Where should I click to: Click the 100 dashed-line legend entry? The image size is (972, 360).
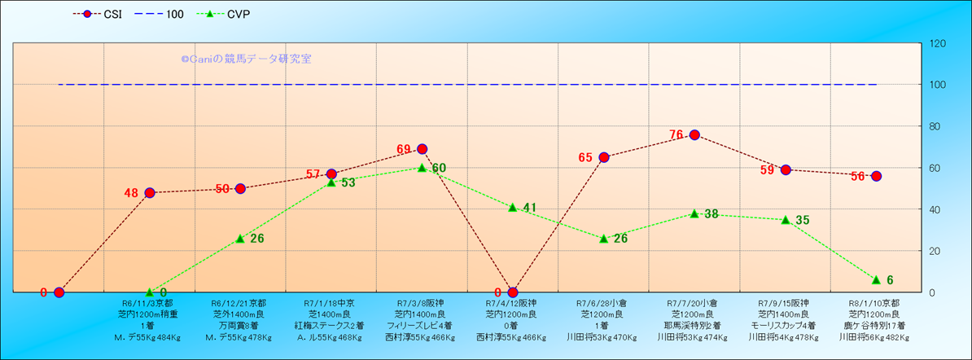point(163,15)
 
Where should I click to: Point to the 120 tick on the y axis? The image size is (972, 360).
point(939,43)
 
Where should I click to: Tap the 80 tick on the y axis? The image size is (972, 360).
point(936,126)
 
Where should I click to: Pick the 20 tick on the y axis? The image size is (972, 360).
point(936,251)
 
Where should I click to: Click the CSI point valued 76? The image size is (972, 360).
point(694,134)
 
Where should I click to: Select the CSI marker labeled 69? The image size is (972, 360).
point(422,149)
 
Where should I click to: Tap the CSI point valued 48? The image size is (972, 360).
point(150,193)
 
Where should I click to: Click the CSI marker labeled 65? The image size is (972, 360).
point(604,157)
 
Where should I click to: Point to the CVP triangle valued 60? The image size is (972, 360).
point(422,168)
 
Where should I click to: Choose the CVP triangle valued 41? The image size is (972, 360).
point(513,207)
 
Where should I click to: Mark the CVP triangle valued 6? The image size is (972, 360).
point(876,279)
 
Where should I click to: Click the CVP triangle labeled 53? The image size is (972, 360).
point(331,182)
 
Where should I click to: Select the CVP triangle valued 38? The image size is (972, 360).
point(694,213)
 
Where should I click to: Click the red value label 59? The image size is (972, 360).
point(768,171)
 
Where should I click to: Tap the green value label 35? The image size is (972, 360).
point(803,220)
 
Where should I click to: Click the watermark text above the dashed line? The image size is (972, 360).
point(246,59)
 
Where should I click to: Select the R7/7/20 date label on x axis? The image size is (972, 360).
point(694,303)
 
